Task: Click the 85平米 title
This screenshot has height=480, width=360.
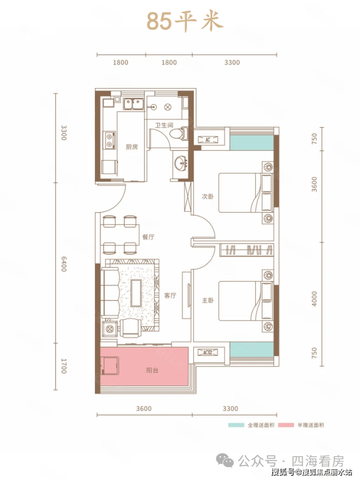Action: coord(185,21)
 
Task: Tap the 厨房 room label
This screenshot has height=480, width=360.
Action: coord(132,147)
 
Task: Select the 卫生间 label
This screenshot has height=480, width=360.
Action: coord(164,125)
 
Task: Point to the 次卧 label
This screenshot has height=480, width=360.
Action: coord(208,196)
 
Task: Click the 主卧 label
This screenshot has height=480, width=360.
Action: coord(208,300)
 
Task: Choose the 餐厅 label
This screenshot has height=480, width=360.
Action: coord(148,237)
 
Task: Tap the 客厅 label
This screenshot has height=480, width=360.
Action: coord(170,295)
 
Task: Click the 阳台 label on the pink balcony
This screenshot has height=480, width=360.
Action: coord(152,370)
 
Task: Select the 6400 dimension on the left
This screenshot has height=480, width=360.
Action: coord(63,264)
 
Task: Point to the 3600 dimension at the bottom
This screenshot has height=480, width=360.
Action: coord(144,408)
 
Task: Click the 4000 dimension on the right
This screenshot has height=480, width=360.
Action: coord(314,299)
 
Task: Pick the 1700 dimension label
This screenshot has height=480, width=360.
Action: coord(63,366)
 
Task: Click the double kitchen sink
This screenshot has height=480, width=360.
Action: coord(133,104)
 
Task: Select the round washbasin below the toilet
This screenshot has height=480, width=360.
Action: coord(181,162)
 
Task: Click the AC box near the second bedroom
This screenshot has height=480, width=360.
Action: coord(208,140)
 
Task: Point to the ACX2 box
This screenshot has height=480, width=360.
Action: coord(208,352)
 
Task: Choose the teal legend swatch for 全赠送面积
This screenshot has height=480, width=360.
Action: coord(236,425)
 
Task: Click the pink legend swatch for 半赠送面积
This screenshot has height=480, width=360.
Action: coord(286,425)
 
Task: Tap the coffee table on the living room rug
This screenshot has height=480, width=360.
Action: coord(136,293)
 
